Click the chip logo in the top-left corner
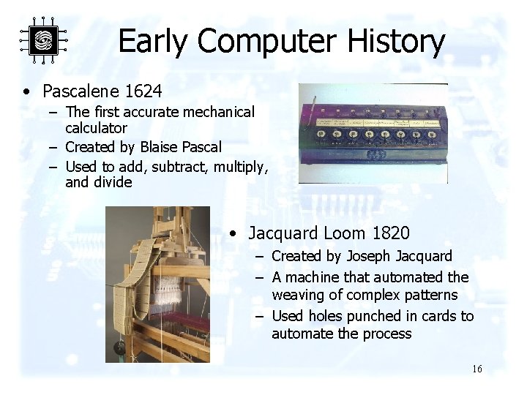click(x=42, y=40)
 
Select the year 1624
click(x=144, y=91)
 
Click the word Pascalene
click(x=81, y=91)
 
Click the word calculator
click(x=96, y=128)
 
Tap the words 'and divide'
click(x=98, y=182)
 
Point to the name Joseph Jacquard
click(x=399, y=256)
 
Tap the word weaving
click(x=298, y=296)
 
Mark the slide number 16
click(x=476, y=369)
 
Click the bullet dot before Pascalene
click(x=26, y=92)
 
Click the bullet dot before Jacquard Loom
click(x=231, y=234)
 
